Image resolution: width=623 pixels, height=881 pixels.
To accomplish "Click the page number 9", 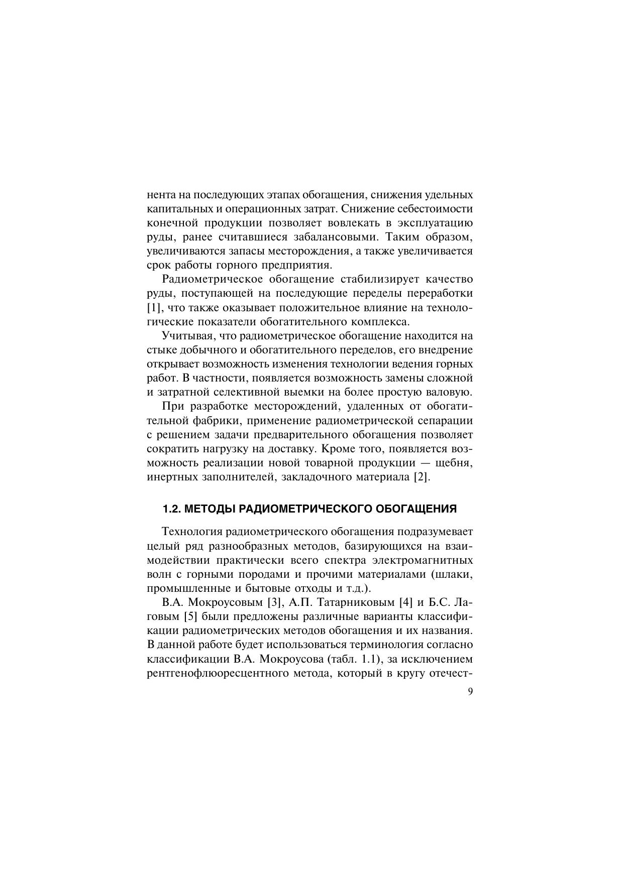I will (470, 692).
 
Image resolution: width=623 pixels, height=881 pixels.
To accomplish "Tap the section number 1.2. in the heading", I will (171, 509).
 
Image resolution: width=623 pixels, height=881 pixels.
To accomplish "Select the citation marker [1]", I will (153, 307).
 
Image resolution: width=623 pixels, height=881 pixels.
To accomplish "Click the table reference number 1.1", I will (369, 658).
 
